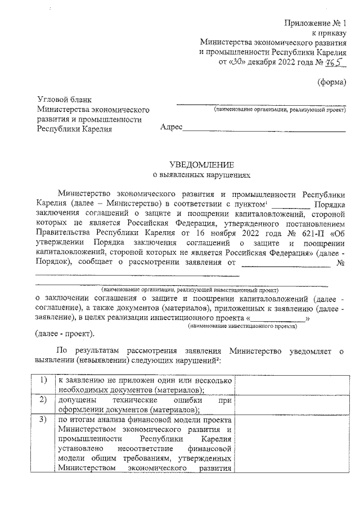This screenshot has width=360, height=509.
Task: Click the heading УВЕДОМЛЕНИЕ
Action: pyautogui.click(x=201, y=165)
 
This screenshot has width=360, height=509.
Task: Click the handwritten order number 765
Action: pyautogui.click(x=335, y=61)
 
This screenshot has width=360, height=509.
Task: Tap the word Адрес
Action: pyautogui.click(x=171, y=128)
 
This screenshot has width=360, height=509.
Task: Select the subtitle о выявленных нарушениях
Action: pyautogui.click(x=201, y=175)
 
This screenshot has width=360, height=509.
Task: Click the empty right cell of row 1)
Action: pyautogui.click(x=291, y=385)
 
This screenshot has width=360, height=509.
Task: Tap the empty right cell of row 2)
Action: pyautogui.click(x=291, y=405)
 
